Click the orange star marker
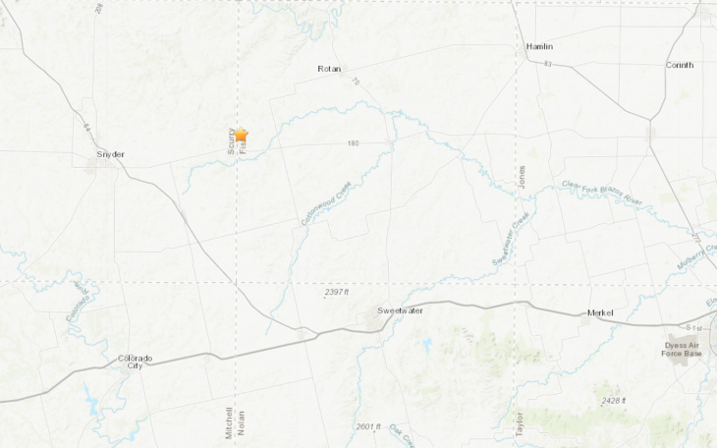click(241, 135)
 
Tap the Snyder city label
click(110, 154)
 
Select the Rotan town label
click(328, 69)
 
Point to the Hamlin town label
click(539, 46)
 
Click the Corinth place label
click(679, 65)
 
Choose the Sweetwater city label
click(402, 310)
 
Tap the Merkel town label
click(600, 312)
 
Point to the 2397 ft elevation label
click(337, 292)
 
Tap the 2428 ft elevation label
click(614, 401)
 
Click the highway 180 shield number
click(354, 143)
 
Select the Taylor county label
click(519, 422)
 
